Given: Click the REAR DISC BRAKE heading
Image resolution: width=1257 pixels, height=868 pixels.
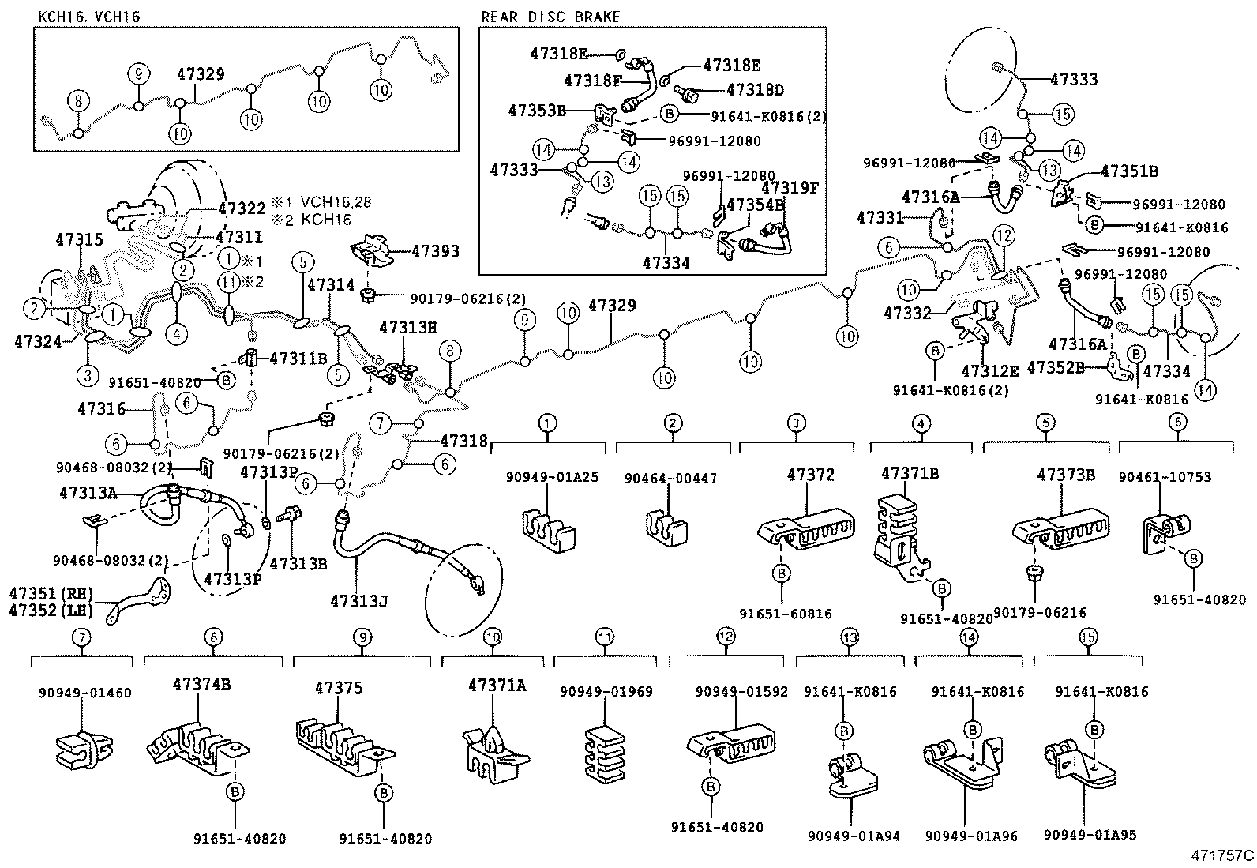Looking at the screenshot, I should pyautogui.click(x=550, y=17).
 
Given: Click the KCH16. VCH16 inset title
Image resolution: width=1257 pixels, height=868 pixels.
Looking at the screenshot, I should pyautogui.click(x=88, y=17).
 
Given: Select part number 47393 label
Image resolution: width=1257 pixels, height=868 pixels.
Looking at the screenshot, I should pyautogui.click(x=434, y=251).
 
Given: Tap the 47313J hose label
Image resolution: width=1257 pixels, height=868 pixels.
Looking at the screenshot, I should pyautogui.click(x=358, y=602).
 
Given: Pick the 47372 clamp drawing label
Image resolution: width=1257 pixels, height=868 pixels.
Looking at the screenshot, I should pyautogui.click(x=810, y=475).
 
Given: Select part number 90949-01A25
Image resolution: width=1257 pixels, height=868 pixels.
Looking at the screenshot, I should pyautogui.click(x=552, y=477).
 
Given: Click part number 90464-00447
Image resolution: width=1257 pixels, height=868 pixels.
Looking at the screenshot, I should pyautogui.click(x=670, y=479).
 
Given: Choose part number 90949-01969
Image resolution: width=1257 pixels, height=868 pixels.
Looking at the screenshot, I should pyautogui.click(x=606, y=692).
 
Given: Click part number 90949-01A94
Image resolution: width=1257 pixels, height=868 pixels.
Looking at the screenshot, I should pyautogui.click(x=853, y=836).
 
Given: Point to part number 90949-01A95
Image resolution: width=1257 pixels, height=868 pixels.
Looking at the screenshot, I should pyautogui.click(x=1090, y=836).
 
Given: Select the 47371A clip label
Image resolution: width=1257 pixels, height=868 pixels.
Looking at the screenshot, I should pyautogui.click(x=496, y=685).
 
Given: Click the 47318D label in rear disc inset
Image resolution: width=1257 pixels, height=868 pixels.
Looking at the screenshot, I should pyautogui.click(x=754, y=90).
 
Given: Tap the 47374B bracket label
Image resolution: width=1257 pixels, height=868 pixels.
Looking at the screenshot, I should pyautogui.click(x=201, y=684).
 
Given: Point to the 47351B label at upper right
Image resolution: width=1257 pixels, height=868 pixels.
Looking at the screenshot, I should pyautogui.click(x=1129, y=171).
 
